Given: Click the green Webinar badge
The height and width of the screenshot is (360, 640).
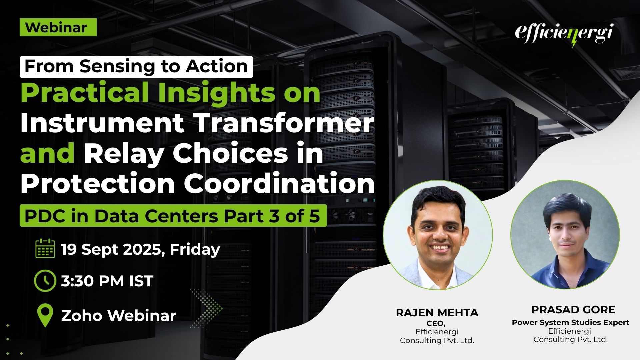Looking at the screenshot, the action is [x=58, y=27].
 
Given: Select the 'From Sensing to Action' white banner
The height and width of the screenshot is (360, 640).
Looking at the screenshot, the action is [x=136, y=67].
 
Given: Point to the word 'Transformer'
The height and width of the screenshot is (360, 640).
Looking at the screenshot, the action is [x=284, y=123].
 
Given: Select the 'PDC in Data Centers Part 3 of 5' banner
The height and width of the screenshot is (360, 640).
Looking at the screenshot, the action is [x=173, y=216].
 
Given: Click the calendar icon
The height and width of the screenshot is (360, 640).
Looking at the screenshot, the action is [x=45, y=248].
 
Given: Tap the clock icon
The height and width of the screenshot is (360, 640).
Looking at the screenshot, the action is [x=45, y=281].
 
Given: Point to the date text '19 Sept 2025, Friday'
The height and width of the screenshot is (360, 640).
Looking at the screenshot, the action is [x=140, y=249].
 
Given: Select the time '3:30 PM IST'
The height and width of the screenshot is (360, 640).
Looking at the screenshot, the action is [x=107, y=281].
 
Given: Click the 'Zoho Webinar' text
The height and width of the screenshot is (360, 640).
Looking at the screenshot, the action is [x=119, y=315].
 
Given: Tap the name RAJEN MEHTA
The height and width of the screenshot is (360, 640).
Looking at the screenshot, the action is [x=437, y=313].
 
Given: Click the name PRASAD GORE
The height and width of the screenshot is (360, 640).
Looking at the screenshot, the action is [x=573, y=310].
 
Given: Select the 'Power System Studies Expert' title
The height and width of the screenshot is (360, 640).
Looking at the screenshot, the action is [x=570, y=322].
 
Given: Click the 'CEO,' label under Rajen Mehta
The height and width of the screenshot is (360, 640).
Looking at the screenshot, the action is [x=436, y=323].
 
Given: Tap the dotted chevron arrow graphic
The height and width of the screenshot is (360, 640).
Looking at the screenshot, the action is [x=207, y=307].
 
